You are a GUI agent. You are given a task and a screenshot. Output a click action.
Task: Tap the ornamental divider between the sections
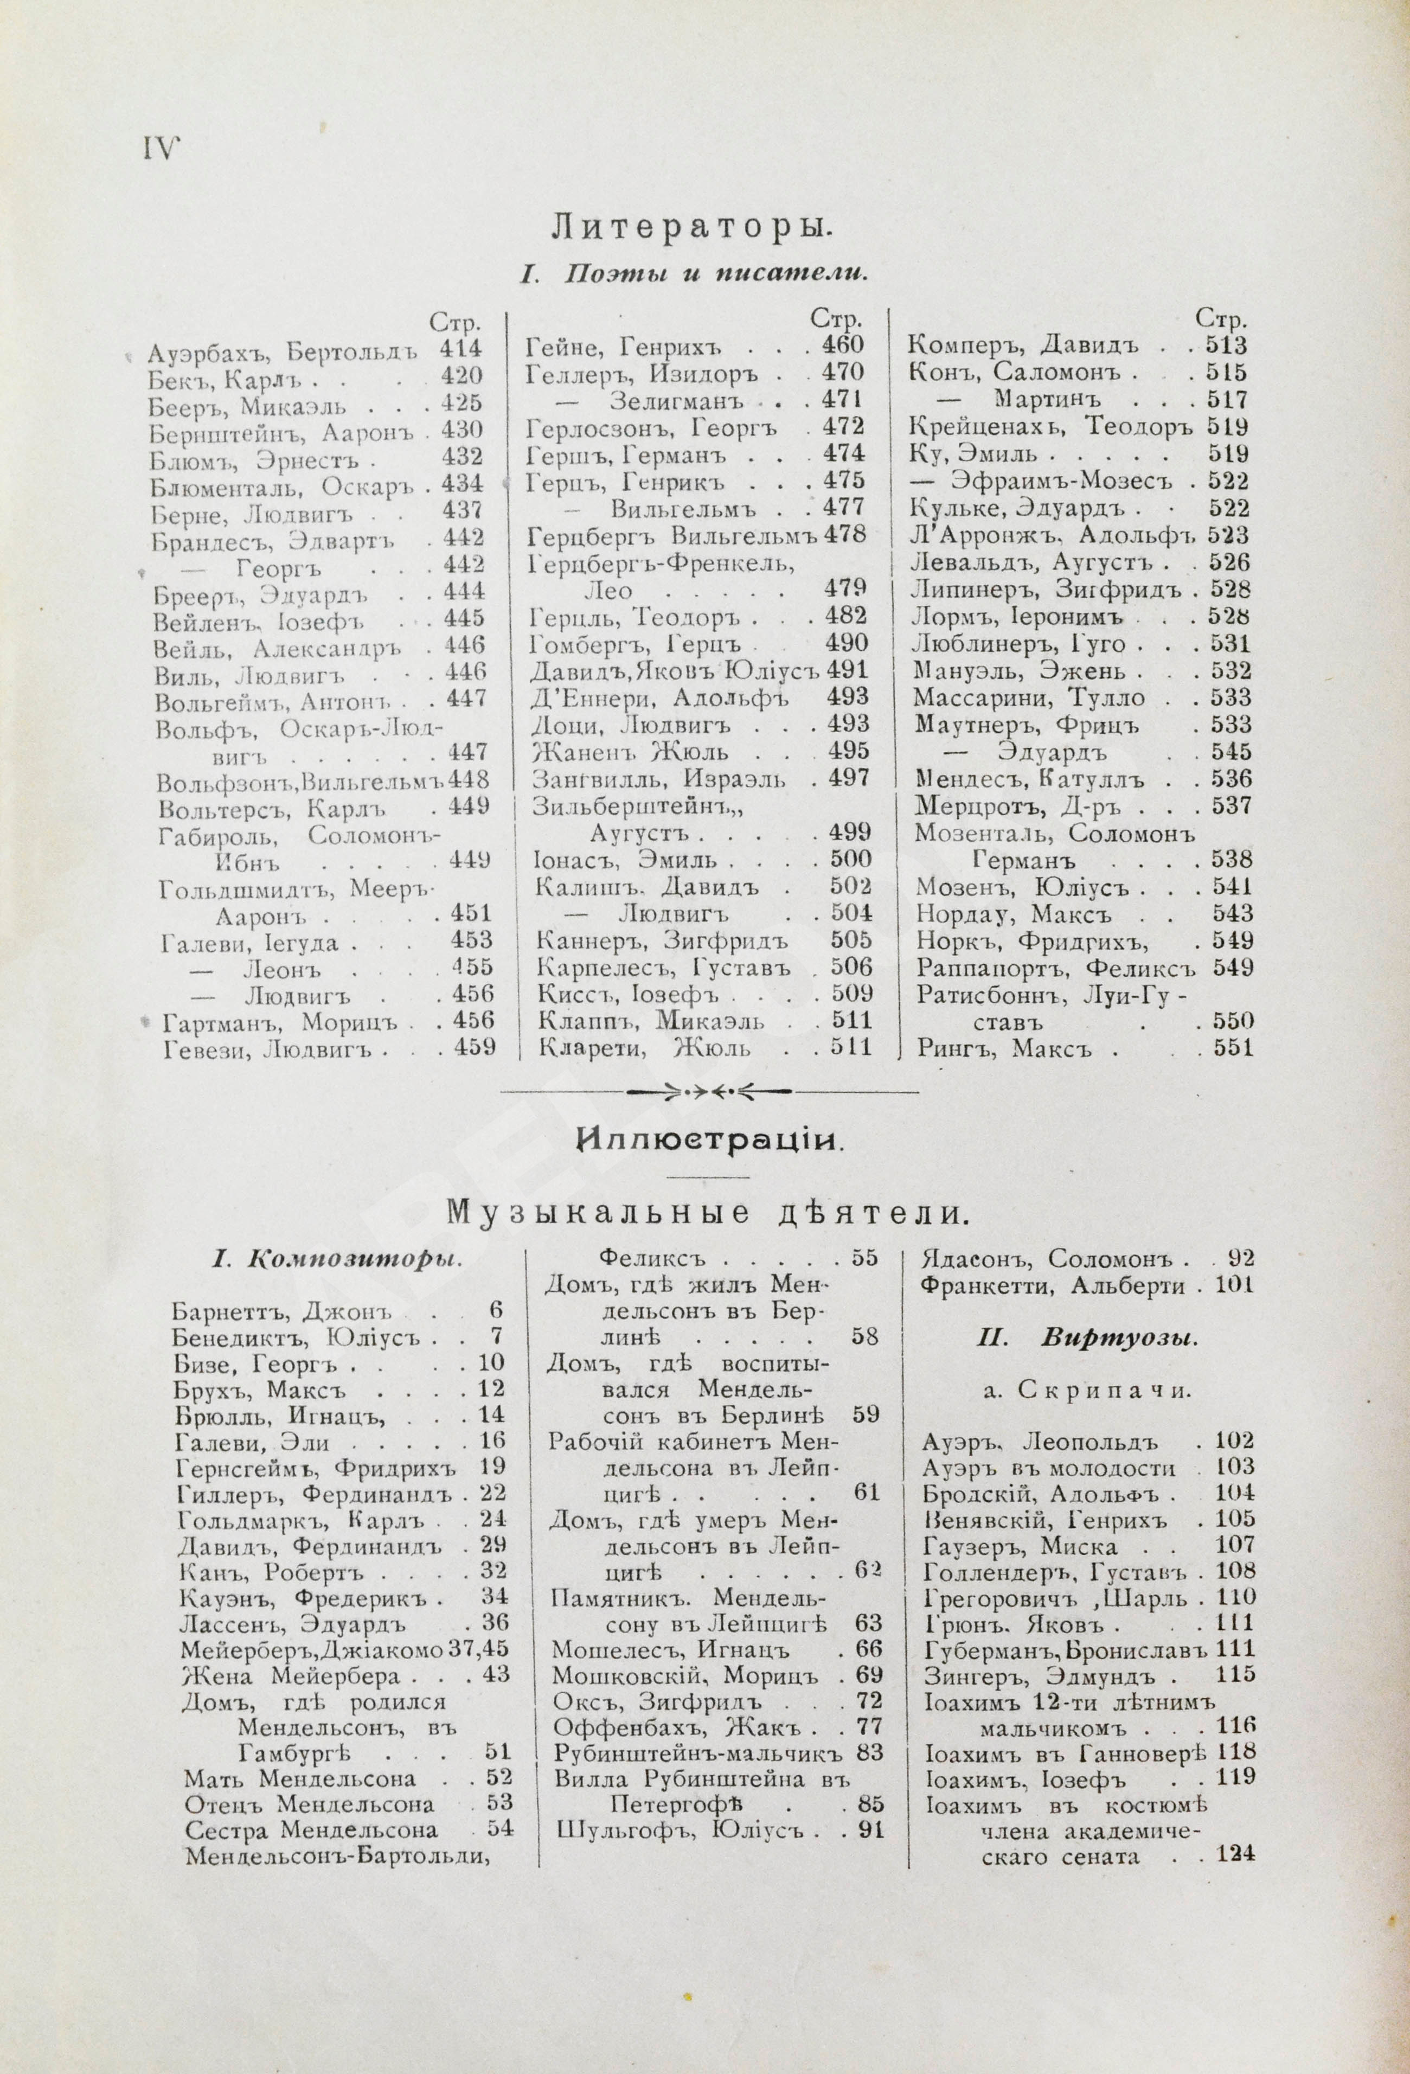click(x=709, y=1091)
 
